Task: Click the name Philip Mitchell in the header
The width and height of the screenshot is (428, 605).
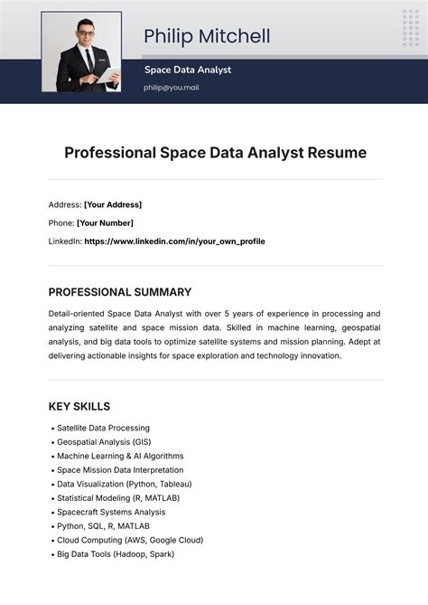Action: (207, 37)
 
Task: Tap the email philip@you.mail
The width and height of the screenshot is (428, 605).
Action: (171, 88)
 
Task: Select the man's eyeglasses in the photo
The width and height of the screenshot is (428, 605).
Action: (85, 35)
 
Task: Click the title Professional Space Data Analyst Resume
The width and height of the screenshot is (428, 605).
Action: (215, 153)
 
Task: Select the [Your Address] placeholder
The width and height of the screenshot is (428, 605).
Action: (113, 204)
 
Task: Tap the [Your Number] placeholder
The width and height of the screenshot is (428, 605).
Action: (105, 222)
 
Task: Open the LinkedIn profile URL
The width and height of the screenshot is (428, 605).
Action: (174, 241)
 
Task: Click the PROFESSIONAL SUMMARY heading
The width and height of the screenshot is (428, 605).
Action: (119, 292)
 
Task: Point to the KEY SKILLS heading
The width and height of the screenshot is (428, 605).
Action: (79, 406)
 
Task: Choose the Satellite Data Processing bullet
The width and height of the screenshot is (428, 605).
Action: (103, 428)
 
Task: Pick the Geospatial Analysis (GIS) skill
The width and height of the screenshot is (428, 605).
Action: (104, 442)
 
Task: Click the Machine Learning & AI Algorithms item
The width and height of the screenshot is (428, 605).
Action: (120, 456)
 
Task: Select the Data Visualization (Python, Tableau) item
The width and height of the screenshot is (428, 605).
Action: (124, 484)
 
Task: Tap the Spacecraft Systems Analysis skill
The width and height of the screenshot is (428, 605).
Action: (112, 512)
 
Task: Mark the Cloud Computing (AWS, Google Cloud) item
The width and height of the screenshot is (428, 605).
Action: (130, 540)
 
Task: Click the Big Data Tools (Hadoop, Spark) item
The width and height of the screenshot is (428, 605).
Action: (115, 553)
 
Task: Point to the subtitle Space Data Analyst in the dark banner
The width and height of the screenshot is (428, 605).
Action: (188, 70)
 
